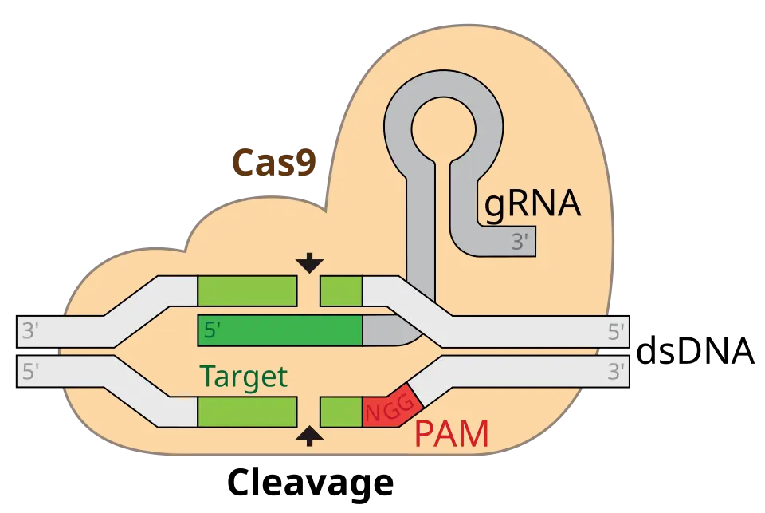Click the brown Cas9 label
[274, 162]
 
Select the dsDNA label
[696, 350]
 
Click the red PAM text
[451, 433]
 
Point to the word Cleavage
[310, 482]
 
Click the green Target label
[244, 377]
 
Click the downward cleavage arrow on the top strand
[309, 262]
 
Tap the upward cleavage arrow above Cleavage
[309, 436]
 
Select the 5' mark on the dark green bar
[212, 330]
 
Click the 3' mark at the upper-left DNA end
[30, 331]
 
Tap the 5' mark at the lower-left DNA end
[30, 371]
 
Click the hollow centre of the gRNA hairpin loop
[443, 129]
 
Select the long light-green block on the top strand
[247, 290]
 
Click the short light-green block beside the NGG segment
[342, 412]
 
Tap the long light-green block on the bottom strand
[247, 412]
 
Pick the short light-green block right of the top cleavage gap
[342, 290]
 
